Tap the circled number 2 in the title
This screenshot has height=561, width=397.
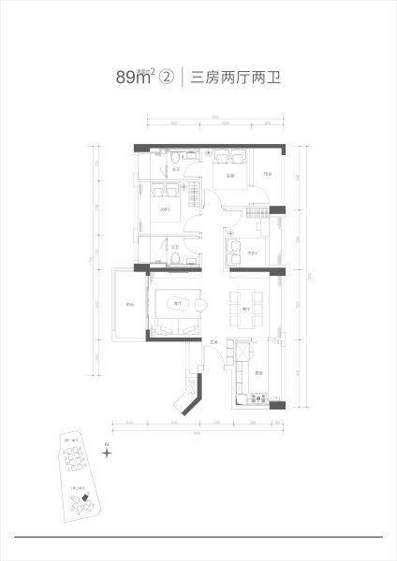167,79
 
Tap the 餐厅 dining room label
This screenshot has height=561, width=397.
245,309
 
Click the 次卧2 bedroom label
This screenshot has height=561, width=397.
251,253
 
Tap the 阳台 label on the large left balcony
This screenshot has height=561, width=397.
129,306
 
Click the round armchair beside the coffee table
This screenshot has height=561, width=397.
202,305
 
